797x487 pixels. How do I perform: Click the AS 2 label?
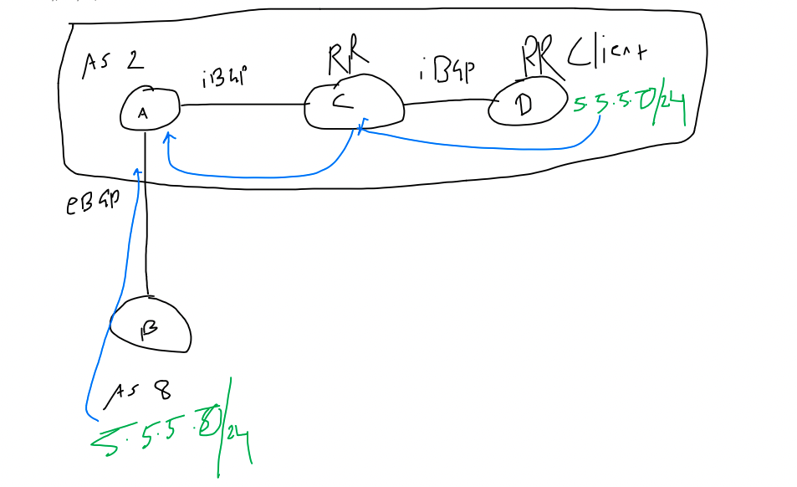(113, 64)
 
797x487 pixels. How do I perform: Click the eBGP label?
(91, 204)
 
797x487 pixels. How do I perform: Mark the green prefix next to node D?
(630, 107)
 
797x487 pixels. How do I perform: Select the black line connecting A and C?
(243, 105)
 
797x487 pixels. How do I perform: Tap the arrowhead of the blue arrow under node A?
(168, 136)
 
